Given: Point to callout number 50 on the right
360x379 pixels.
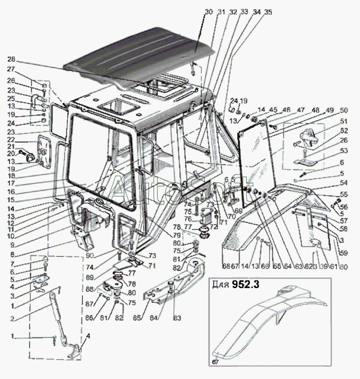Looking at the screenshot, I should point(344,109).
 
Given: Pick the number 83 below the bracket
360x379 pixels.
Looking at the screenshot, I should point(176,317).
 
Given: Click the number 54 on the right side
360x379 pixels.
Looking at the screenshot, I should point(343,183).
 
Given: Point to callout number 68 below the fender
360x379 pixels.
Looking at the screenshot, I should point(225,265).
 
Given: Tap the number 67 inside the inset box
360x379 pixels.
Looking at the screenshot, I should point(216,362).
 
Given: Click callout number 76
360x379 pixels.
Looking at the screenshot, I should point(188,219).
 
